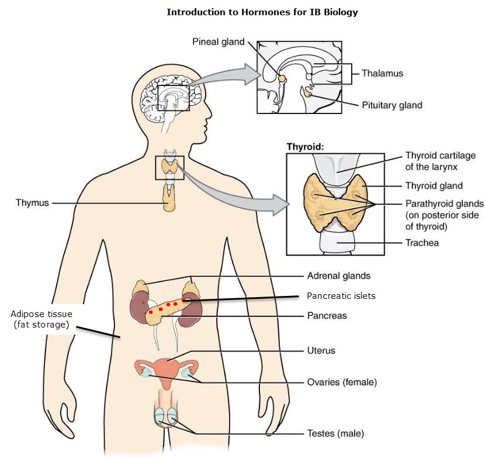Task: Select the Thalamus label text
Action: click(x=382, y=74)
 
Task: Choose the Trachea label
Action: click(x=422, y=242)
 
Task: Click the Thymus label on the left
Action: click(x=33, y=203)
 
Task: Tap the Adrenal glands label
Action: click(x=339, y=276)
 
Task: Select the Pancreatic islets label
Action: click(x=341, y=296)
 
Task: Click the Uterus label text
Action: click(x=321, y=351)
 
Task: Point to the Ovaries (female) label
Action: click(x=342, y=383)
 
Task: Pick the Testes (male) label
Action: click(x=335, y=433)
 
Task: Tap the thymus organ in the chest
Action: click(x=169, y=198)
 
